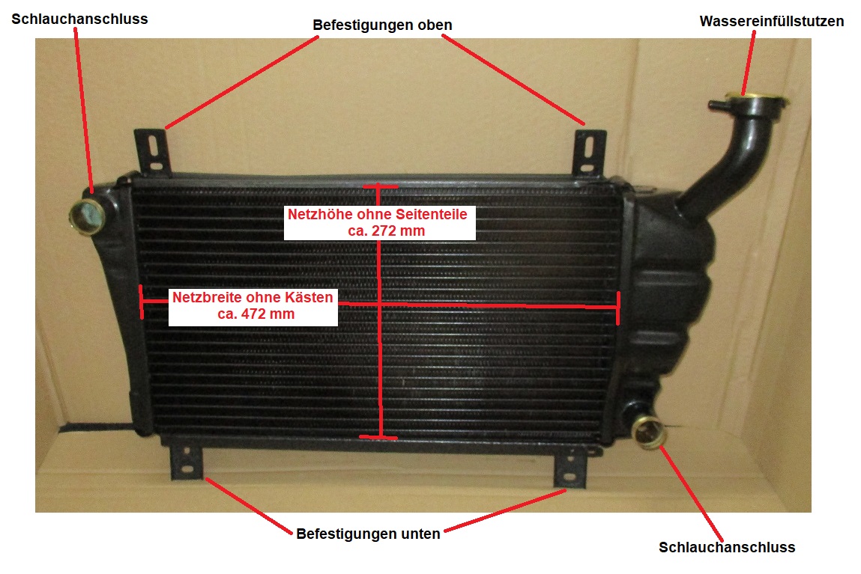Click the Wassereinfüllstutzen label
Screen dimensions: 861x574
772,22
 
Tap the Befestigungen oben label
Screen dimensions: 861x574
382,25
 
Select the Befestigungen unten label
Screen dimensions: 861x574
368,534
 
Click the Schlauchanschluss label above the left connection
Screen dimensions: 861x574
79,19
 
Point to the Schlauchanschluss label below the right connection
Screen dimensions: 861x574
727,547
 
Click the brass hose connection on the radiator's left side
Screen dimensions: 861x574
87,216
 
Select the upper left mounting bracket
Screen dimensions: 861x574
152,152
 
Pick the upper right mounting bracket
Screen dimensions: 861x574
589,153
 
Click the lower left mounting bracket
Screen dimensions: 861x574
187,462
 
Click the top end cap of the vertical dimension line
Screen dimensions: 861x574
379,187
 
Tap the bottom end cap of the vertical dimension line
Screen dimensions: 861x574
378,438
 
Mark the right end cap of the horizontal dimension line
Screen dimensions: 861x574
618,308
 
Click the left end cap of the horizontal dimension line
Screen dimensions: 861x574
142,302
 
